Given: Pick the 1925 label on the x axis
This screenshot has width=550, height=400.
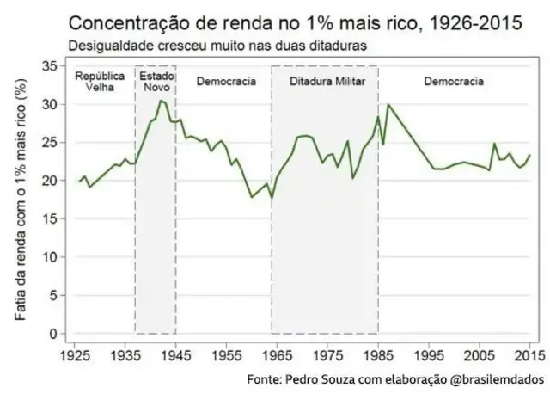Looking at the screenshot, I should coord(75,354).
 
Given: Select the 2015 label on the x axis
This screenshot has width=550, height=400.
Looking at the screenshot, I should coord(529,354).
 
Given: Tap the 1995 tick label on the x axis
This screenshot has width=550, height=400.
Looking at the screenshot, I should coord(428,354).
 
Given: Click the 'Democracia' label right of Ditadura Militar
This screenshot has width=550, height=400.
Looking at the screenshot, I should coord(454,82).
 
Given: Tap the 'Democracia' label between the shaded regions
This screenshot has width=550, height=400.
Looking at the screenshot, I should coord(225,82).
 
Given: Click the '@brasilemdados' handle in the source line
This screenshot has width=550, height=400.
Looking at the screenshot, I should coord(498,379).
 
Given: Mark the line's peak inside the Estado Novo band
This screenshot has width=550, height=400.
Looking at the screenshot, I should coord(160,101).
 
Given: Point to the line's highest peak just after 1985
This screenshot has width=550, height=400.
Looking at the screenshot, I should coord(388,105).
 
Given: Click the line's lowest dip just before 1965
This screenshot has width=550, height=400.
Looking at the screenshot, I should coord(272,198).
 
